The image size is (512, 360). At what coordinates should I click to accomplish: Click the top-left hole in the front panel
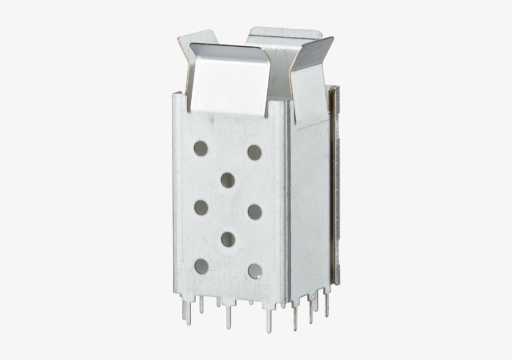click(x=200, y=148)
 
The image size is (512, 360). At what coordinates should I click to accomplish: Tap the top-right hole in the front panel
click(x=254, y=152)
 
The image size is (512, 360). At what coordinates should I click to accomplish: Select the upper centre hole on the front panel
click(x=227, y=180)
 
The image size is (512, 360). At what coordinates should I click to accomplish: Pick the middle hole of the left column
click(x=200, y=207)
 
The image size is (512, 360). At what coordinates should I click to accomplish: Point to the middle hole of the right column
click(x=255, y=211)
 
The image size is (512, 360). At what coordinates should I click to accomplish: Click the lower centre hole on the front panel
click(x=228, y=239)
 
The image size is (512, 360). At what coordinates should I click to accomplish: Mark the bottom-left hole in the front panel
click(x=201, y=266)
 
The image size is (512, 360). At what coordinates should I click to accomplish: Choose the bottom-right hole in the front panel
click(x=255, y=271)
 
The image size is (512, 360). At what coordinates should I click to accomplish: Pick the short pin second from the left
click(x=201, y=304)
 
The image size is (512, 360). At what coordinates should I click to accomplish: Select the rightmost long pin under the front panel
click(x=268, y=319)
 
